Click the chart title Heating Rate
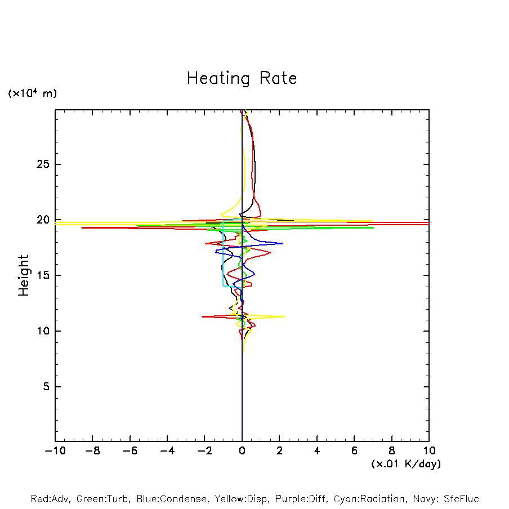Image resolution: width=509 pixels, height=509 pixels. pos(242,78)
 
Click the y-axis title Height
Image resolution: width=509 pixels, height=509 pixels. pos(24,275)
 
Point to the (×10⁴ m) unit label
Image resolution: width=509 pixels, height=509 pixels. pos(32,93)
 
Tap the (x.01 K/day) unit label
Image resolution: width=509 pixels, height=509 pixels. pos(406,464)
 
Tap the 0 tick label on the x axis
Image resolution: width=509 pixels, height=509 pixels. pos(242,451)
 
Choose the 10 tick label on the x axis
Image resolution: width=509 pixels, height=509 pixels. pos(428,451)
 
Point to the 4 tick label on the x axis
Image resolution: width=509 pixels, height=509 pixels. pos(317,451)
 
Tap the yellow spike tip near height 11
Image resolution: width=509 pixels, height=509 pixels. pos(284,316)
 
